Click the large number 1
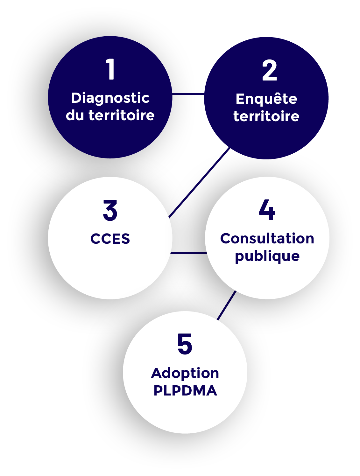click(110, 69)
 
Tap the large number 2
click(269, 70)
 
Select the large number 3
click(110, 210)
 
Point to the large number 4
click(267, 210)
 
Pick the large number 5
click(185, 344)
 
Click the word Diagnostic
click(110, 98)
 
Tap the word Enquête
click(266, 99)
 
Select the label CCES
click(110, 239)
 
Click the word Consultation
click(267, 239)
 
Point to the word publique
click(267, 256)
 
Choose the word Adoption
click(185, 373)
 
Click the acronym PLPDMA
click(185, 391)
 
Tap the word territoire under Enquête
click(266, 116)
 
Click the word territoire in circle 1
click(122, 115)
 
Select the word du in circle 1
click(75, 115)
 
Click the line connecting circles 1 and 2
click(188, 94)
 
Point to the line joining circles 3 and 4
click(188, 253)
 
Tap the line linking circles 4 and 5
click(227, 305)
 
